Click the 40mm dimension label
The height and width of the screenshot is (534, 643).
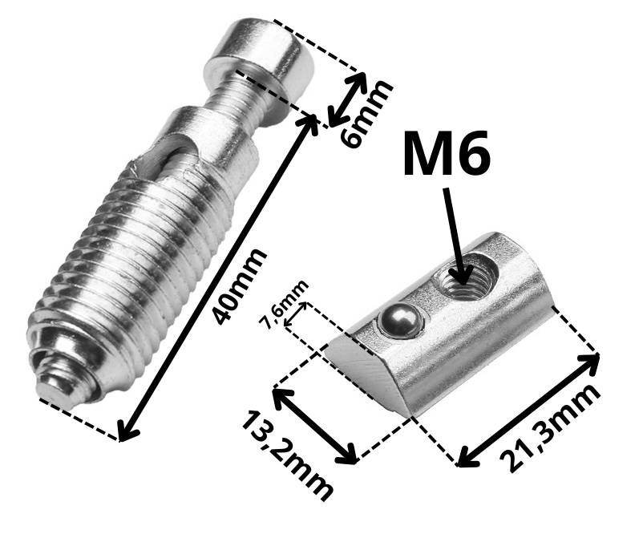(240, 287)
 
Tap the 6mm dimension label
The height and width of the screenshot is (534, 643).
(366, 114)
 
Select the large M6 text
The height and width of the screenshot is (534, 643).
(447, 152)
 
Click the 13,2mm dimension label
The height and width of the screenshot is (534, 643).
(287, 456)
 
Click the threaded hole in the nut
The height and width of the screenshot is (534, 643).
(467, 280)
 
